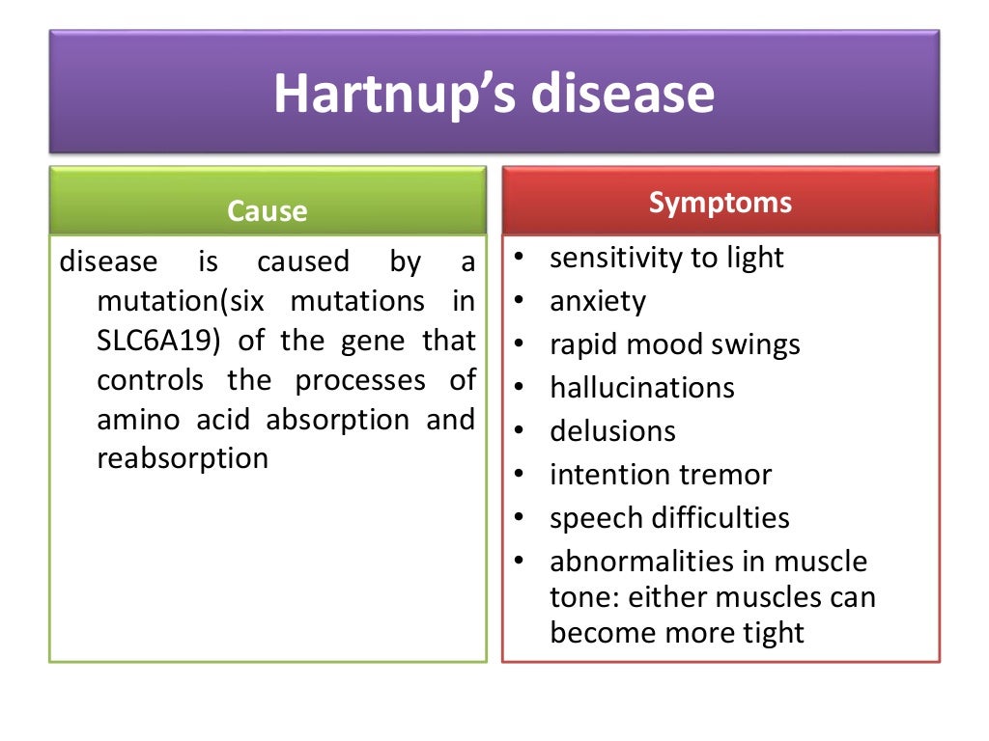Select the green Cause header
[268, 210]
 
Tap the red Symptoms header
[721, 203]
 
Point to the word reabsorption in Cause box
[183, 458]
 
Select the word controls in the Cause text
[151, 380]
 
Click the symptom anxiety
[598, 302]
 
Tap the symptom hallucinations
[642, 388]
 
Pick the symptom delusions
[612, 431]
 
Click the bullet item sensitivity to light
[666, 258]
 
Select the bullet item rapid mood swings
[675, 344]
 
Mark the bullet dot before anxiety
[520, 301]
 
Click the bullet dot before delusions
[520, 430]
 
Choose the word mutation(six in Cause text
[181, 301]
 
